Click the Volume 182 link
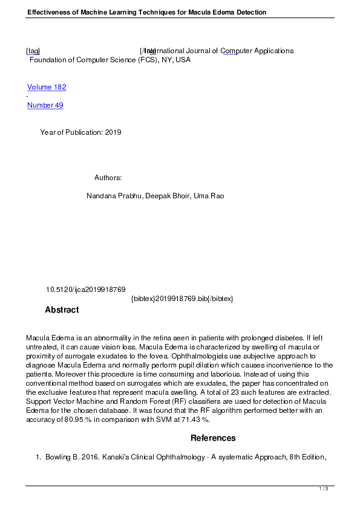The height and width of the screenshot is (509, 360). click(x=47, y=87)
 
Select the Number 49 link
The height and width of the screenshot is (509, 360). click(x=45, y=105)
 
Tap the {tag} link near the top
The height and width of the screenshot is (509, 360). click(x=33, y=51)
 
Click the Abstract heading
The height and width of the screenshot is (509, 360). click(x=62, y=310)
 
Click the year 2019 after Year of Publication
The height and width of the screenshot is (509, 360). click(x=113, y=132)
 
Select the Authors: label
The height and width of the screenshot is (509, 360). click(x=108, y=178)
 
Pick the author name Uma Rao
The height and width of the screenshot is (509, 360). click(x=209, y=196)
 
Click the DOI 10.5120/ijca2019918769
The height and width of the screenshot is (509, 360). click(x=86, y=290)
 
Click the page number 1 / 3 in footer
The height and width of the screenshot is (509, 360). click(x=324, y=488)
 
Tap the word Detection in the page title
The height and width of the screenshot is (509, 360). click(x=248, y=12)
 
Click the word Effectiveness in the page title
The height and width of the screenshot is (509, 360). click(x=52, y=12)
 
